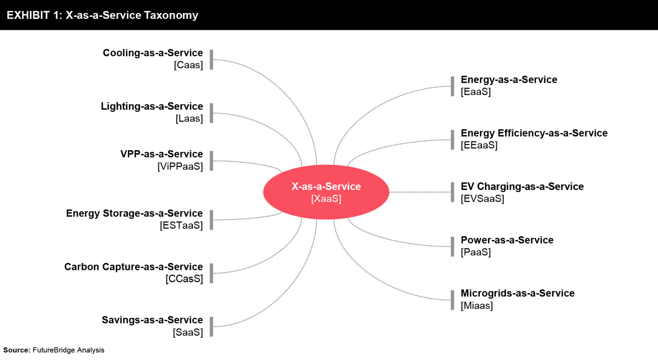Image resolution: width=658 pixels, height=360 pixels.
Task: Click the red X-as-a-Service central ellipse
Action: click(x=326, y=192)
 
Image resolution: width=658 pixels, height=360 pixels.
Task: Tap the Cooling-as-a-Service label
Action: click(x=153, y=53)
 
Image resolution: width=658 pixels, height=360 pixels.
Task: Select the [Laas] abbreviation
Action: click(x=189, y=118)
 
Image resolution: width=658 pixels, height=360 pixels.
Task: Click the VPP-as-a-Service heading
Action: click(x=162, y=154)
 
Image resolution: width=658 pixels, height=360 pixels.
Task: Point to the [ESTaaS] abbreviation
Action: click(x=181, y=225)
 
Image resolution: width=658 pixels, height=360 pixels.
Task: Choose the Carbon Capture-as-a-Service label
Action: click(x=134, y=267)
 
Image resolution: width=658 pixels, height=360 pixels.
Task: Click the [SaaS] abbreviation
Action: click(x=188, y=332)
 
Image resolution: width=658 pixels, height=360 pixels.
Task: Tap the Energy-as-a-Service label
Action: click(x=509, y=80)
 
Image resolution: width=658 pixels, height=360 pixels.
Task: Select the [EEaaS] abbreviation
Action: click(x=479, y=145)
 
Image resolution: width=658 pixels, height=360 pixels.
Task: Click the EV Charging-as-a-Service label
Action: click(x=522, y=187)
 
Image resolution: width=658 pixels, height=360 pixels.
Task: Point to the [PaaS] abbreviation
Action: click(x=476, y=252)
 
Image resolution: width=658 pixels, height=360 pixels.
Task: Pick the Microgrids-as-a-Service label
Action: click(x=518, y=293)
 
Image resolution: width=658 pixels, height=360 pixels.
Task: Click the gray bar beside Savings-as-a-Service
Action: click(x=212, y=327)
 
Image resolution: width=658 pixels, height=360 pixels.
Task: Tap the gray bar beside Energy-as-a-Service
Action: click(x=452, y=86)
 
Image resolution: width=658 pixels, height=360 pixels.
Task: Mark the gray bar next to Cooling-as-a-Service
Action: click(x=212, y=60)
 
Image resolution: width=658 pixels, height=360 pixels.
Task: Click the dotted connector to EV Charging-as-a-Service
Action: click(x=420, y=192)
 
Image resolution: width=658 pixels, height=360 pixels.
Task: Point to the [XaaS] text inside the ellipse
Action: click(x=326, y=199)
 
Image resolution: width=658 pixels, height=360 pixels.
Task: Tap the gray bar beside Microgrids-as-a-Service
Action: click(x=452, y=300)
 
